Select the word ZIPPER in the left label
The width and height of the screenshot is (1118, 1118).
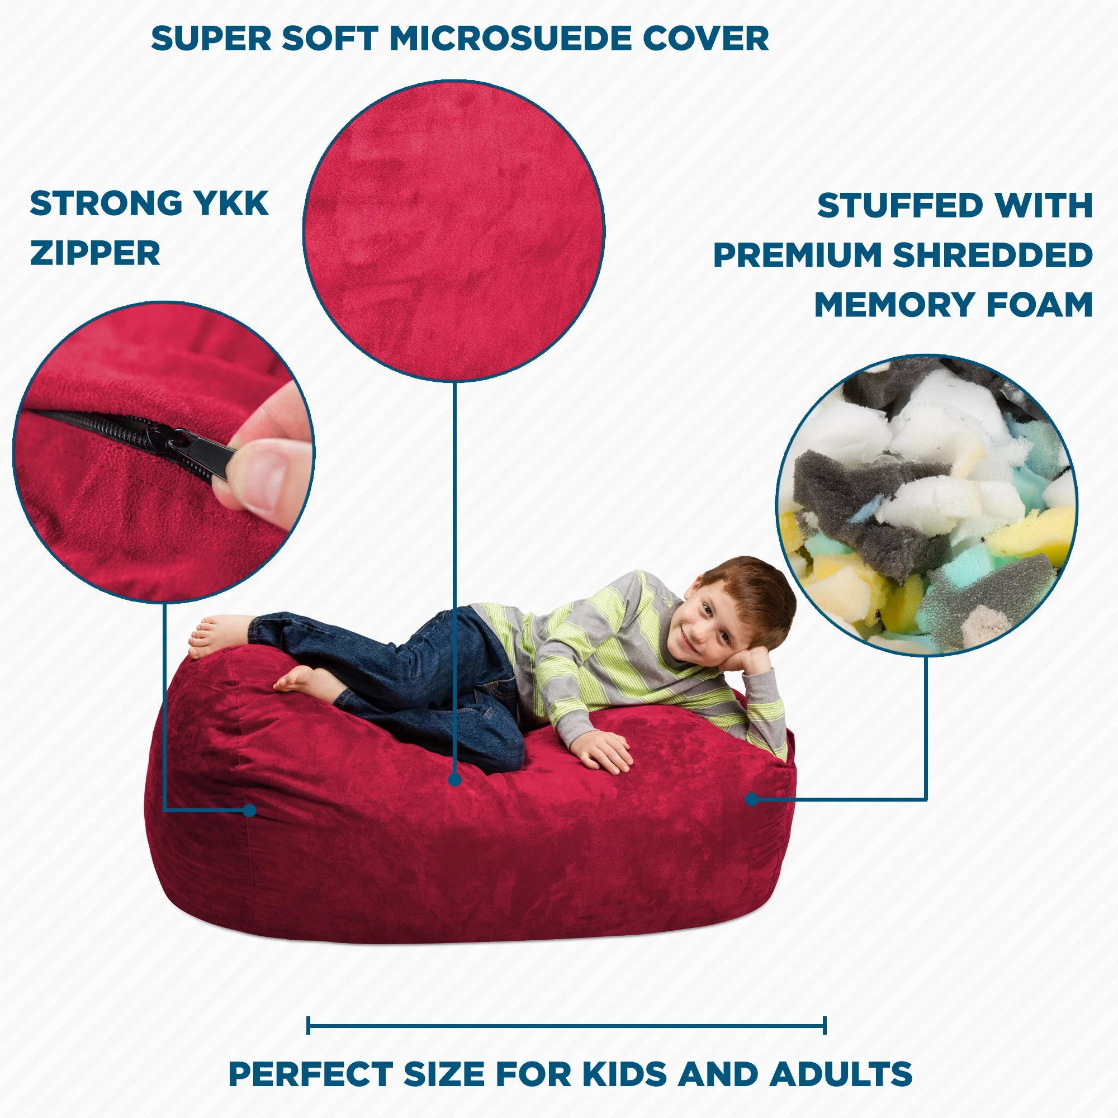(95, 253)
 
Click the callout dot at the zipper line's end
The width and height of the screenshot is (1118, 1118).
(249, 811)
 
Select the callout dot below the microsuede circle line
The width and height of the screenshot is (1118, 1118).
(455, 780)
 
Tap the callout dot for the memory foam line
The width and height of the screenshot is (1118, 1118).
(752, 800)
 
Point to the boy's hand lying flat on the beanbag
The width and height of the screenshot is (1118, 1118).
(605, 751)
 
